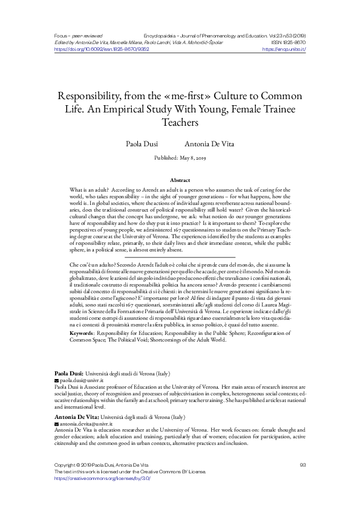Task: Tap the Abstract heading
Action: click(x=180, y=180)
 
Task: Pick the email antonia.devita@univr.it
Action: click(x=85, y=425)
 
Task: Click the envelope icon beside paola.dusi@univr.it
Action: click(x=56, y=381)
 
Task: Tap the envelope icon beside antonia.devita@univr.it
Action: click(x=56, y=425)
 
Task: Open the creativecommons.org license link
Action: click(x=102, y=478)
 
